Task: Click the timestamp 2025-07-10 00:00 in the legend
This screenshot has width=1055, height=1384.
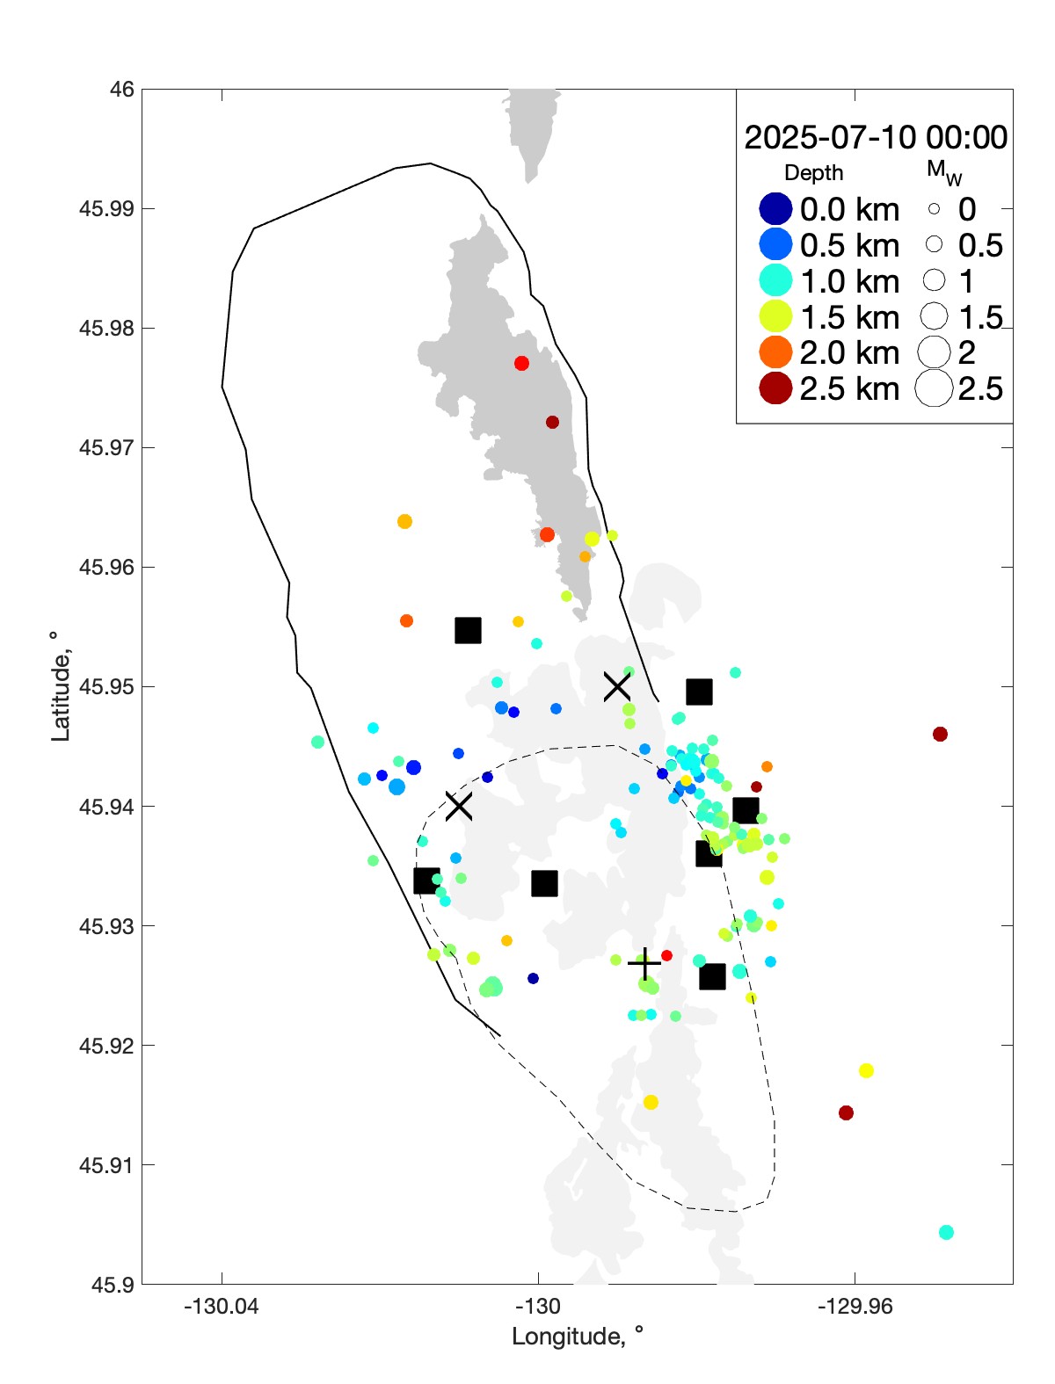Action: pos(876,137)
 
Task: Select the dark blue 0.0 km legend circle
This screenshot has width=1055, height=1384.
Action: pos(775,209)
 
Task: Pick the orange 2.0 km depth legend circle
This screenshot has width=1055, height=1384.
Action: pos(775,352)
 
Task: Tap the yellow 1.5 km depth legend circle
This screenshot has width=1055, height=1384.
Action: pos(775,316)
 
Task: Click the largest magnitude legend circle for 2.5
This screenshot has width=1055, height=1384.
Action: pos(934,388)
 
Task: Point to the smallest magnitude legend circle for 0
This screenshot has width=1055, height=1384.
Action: pos(934,209)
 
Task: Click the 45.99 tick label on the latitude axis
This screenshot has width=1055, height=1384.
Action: pos(106,208)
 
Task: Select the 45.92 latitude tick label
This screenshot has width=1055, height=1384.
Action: pos(106,1046)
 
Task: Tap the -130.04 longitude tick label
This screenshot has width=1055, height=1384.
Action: pos(221,1307)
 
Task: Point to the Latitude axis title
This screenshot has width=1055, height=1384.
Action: pos(60,686)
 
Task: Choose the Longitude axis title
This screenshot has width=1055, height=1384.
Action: pos(578,1337)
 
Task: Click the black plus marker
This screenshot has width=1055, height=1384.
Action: pos(644,964)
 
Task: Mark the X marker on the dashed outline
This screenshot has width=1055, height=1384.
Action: pos(458,805)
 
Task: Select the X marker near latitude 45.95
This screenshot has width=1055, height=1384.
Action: pos(616,685)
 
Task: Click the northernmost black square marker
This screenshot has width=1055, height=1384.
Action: pos(468,630)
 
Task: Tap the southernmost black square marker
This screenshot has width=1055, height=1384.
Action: pos(712,976)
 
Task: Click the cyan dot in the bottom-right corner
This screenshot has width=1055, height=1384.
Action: pos(946,1232)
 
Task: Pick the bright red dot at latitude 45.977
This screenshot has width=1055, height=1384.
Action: pos(521,363)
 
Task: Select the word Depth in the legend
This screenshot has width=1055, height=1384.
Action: pos(813,173)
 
